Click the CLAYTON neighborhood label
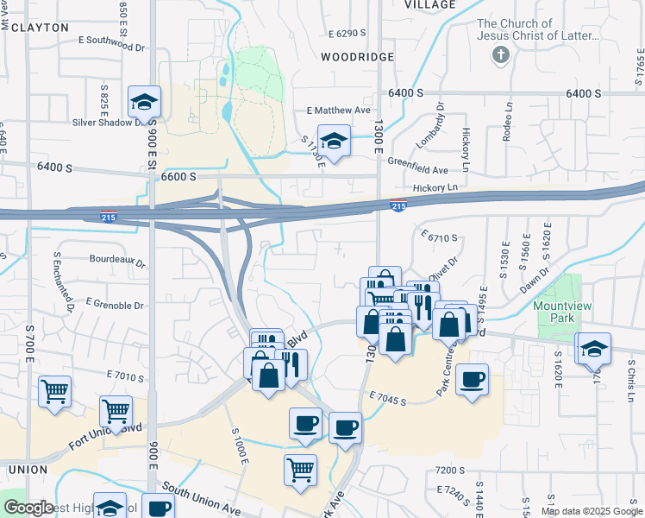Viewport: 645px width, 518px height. (34, 28)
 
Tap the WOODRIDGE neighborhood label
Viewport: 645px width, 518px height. (357, 57)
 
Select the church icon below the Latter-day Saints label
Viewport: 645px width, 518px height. (499, 56)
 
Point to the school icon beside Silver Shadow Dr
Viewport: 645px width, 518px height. (144, 102)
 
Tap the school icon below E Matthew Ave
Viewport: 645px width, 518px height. (334, 140)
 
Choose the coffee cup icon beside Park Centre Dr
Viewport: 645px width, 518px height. (472, 379)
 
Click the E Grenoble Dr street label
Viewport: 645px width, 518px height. (115, 305)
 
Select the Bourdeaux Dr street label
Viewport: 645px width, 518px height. (117, 258)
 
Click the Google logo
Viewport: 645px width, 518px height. (28, 508)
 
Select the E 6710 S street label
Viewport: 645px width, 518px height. (439, 236)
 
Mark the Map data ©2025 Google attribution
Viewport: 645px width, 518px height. (592, 511)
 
